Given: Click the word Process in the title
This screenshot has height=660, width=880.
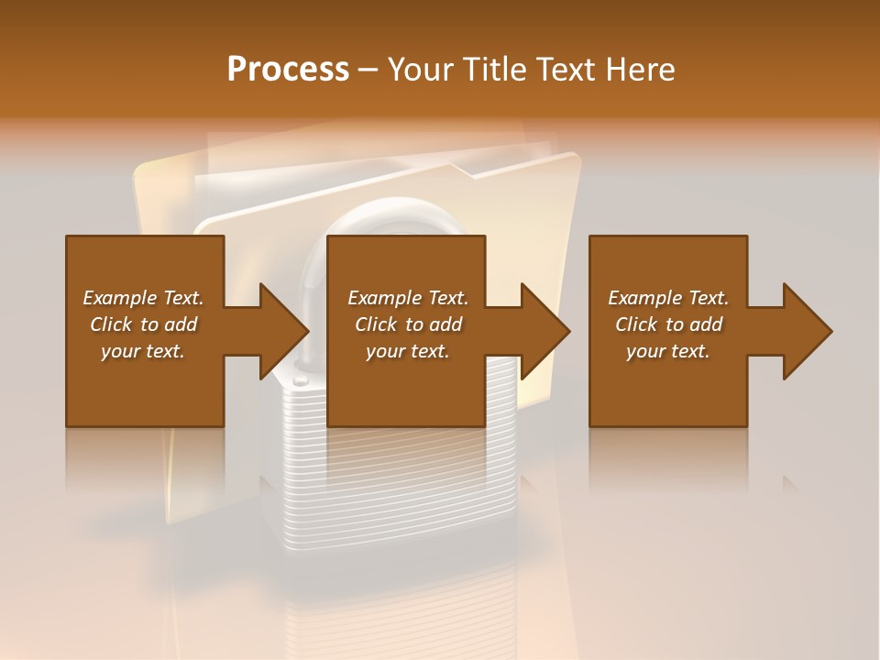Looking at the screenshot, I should pos(288,70).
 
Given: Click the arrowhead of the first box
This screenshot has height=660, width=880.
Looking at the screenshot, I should pos(281,331).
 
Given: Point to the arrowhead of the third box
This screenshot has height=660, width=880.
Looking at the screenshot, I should pos(805,331).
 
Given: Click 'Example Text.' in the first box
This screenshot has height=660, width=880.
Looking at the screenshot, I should pos(143,298).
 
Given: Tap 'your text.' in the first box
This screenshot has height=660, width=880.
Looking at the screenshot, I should pos(143,351).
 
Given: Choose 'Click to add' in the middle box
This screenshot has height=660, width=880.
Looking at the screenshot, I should pos(408,324).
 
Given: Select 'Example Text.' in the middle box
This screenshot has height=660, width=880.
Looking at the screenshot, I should pos(408,298).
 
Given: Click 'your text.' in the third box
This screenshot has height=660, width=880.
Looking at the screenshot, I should pos(668,351).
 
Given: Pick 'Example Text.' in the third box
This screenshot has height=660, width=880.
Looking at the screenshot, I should pos(668,298).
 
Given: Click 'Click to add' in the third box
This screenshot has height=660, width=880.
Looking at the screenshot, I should pos(668,324).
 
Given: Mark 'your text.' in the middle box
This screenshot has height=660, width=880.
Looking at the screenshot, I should pos(408,351).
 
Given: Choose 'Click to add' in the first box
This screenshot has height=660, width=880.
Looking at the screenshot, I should pos(143,324).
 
